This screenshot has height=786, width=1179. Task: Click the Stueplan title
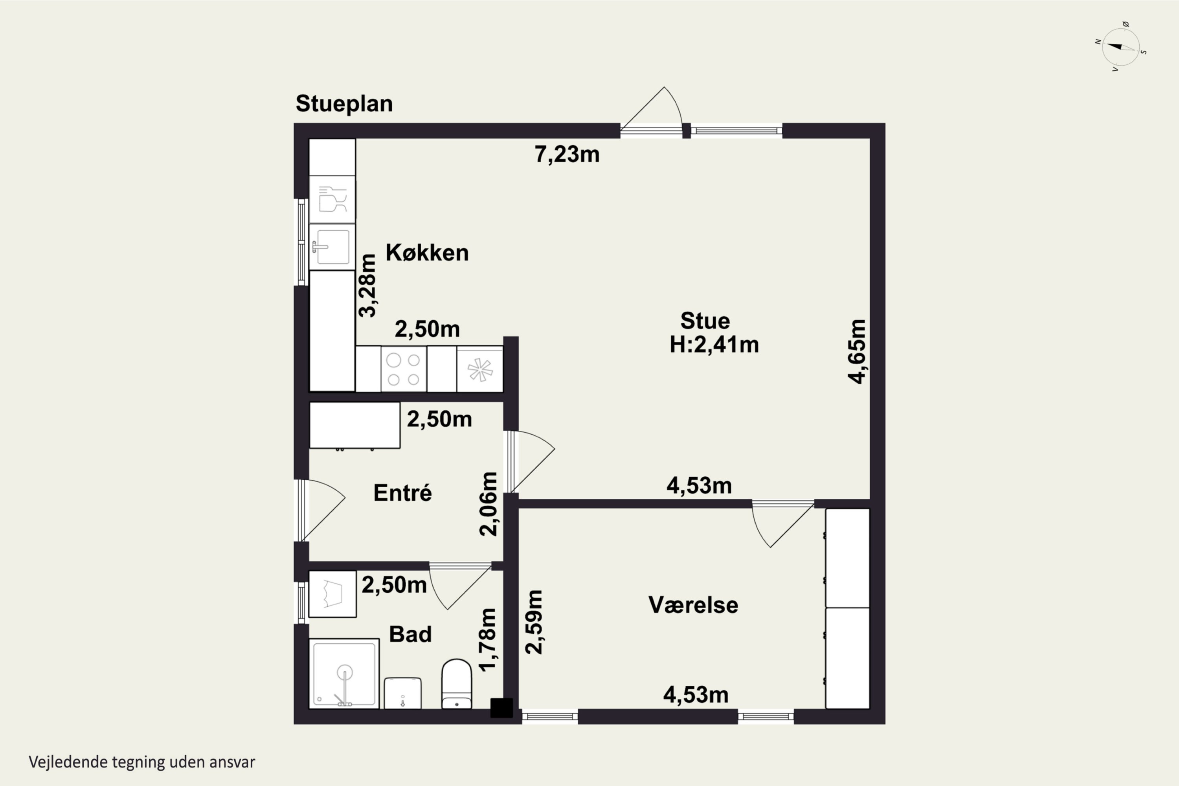[x=344, y=104]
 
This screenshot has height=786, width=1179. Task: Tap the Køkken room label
[x=427, y=253]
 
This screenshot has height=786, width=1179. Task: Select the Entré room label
[x=402, y=493]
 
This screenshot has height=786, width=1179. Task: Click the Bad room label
[x=410, y=634]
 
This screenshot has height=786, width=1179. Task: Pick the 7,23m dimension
[x=567, y=154]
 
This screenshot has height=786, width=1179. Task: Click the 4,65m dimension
[x=857, y=351]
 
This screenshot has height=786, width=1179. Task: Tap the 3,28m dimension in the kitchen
[x=367, y=286]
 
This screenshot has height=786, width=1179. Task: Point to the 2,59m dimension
[x=533, y=622]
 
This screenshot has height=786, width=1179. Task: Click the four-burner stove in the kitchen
[x=404, y=369]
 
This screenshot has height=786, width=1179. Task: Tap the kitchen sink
[x=331, y=247]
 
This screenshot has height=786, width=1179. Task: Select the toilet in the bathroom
[x=456, y=684]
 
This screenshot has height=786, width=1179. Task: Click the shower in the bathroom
[x=344, y=673]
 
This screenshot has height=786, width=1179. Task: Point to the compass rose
[x=1121, y=47]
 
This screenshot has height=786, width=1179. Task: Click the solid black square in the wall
[x=501, y=708]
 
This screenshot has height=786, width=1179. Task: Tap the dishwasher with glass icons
[x=332, y=199]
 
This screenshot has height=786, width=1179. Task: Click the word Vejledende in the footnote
[x=68, y=762]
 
